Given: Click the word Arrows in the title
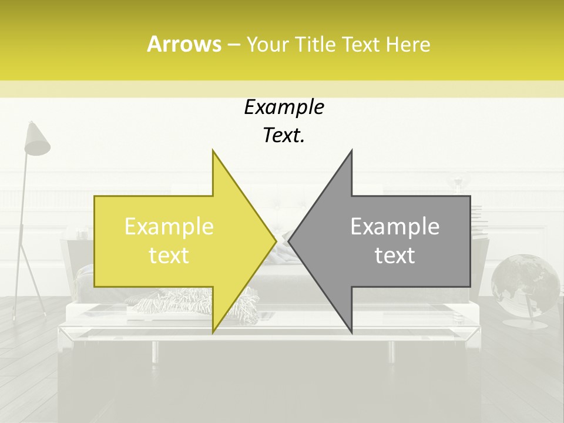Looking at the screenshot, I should coord(184,44).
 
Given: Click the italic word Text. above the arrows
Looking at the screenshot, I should coord(284,136).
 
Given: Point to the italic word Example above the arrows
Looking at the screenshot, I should coord(284,108).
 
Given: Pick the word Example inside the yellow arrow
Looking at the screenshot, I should coord(169,227).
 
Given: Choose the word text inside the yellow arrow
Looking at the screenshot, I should coord(169,256).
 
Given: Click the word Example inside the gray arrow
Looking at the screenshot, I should coord(395,227).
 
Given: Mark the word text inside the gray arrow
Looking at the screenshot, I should coord(395,256).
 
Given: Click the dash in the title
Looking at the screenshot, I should coord(233,45).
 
